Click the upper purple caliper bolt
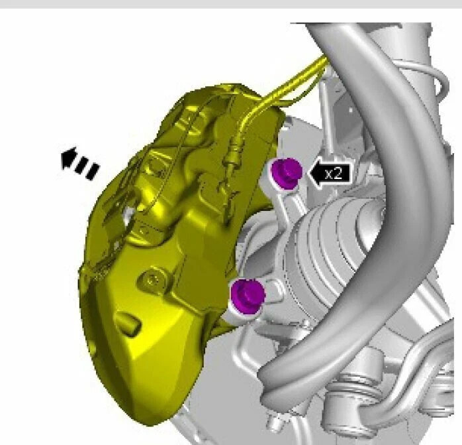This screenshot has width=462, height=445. [287, 173]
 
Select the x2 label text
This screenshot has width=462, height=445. [334, 173]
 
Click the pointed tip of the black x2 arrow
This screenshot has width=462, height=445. [308, 173]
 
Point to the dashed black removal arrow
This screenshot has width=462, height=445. [79, 163]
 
